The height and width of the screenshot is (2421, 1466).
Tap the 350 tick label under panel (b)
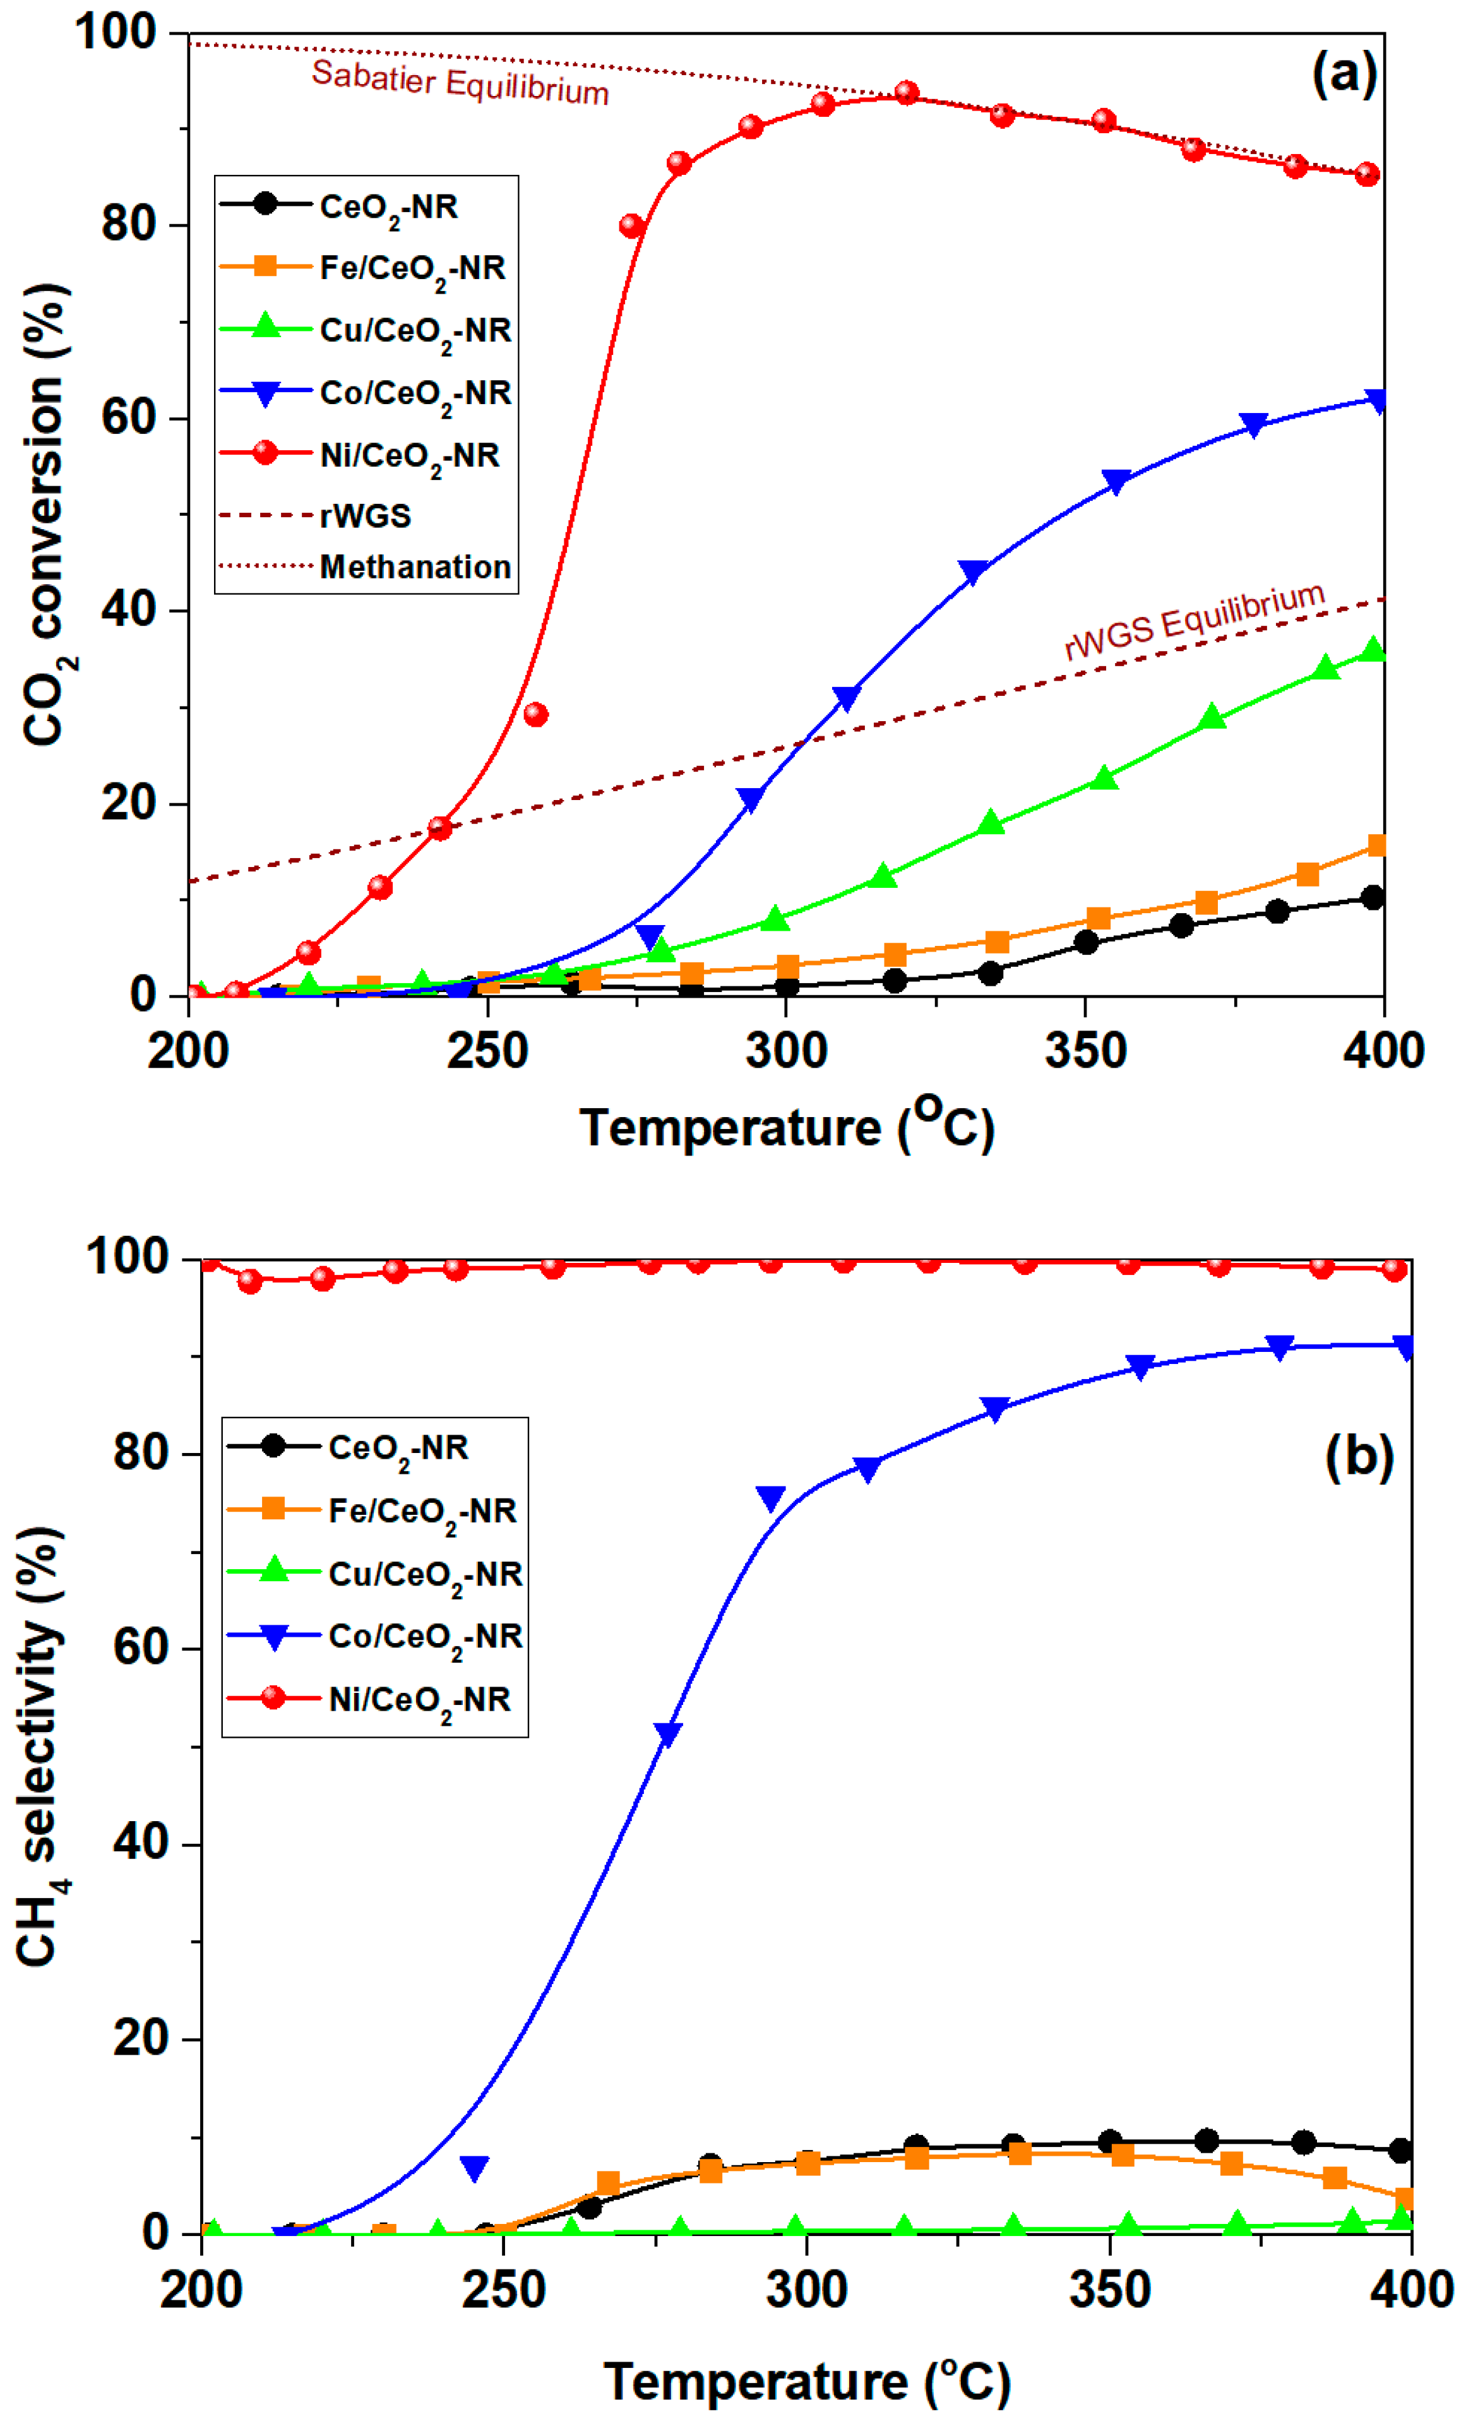[x=1109, y=2289]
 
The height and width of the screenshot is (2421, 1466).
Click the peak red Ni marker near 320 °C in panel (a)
[x=907, y=93]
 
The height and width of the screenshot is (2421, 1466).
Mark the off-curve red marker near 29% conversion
[x=535, y=714]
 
